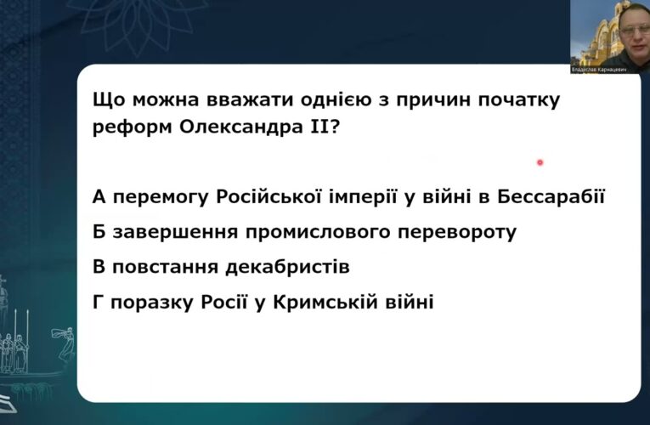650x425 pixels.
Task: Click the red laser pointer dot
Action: [x=540, y=161]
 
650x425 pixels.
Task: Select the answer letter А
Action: [x=99, y=198]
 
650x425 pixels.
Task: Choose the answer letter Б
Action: [x=99, y=232]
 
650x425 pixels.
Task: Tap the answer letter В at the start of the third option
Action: [x=99, y=267]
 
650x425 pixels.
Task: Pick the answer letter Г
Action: [x=99, y=301]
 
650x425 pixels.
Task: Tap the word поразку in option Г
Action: [x=150, y=301]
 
